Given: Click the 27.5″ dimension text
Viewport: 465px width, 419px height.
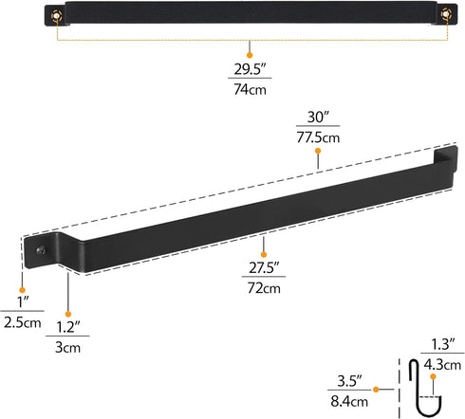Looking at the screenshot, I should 265,268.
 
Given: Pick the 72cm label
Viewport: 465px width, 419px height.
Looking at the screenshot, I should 265,287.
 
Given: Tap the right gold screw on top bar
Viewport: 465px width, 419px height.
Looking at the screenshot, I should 442,16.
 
